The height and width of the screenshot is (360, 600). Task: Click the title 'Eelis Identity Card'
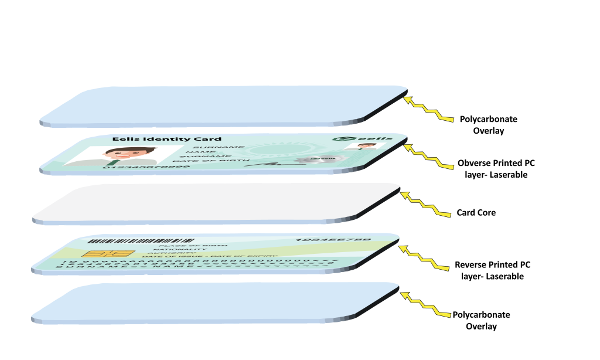166,140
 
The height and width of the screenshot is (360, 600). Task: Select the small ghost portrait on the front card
364,146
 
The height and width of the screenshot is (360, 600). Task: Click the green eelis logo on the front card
362,138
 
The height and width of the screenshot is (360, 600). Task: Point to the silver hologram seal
316,159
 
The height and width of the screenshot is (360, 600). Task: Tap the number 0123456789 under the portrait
146,167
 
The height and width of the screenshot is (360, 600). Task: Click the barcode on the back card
141,240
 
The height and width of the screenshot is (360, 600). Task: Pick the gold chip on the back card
108,254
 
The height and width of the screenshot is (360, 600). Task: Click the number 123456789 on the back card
333,240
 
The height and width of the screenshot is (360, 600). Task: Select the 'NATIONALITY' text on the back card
180,250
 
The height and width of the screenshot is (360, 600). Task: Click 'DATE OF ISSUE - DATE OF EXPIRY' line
210,256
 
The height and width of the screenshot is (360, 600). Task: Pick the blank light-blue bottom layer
217,301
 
